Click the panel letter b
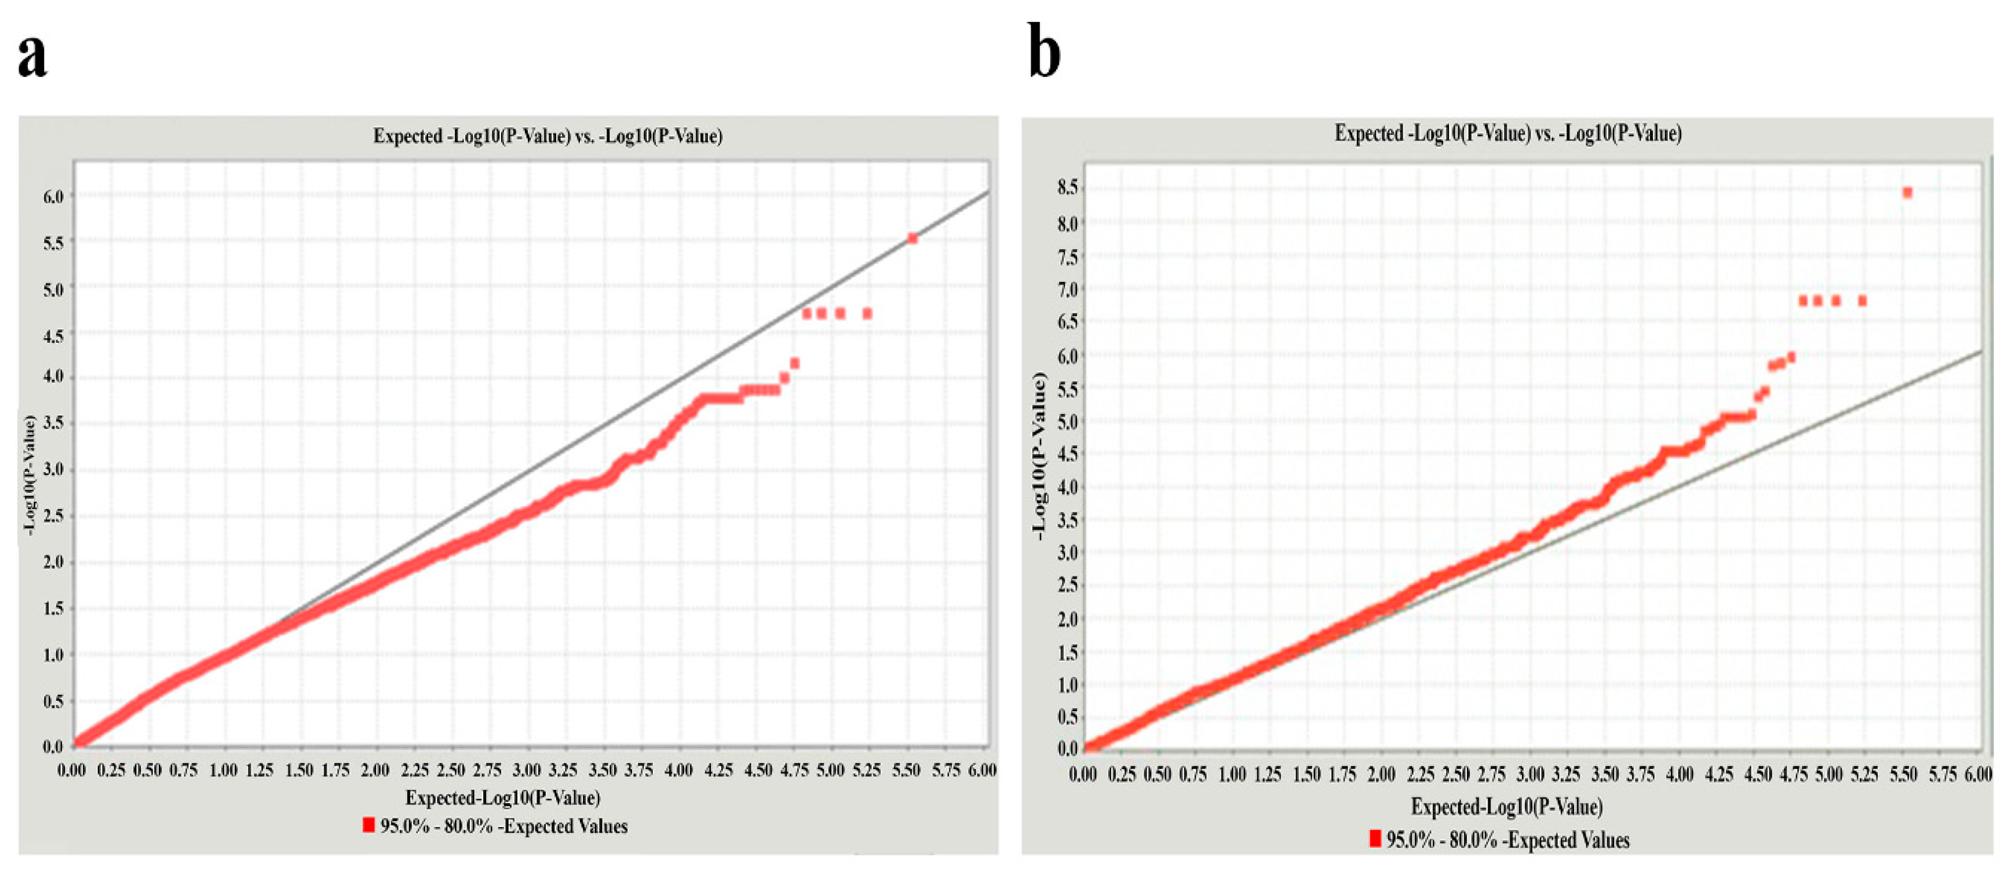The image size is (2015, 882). [1044, 52]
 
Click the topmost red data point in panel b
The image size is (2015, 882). [1907, 193]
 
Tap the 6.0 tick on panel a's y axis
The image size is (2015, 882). [53, 196]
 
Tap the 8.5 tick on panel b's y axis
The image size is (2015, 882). [1068, 187]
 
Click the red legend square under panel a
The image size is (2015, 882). [368, 825]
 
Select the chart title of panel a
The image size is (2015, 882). [547, 136]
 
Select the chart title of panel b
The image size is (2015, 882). [1507, 134]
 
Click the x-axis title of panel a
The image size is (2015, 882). [502, 797]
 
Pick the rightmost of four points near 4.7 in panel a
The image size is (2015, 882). [867, 313]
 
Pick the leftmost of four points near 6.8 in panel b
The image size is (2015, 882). [1803, 301]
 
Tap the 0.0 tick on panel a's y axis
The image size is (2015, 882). [53, 746]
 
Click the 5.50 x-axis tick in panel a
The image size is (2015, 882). [906, 770]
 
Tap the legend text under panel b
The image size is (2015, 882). [1507, 840]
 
